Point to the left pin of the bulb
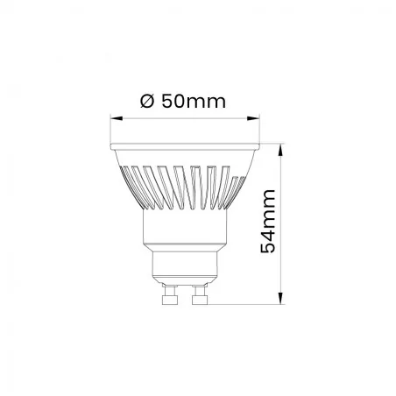point(169,295)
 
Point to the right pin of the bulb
point(198,295)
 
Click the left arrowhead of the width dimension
point(115,117)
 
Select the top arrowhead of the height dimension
point(281,146)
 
